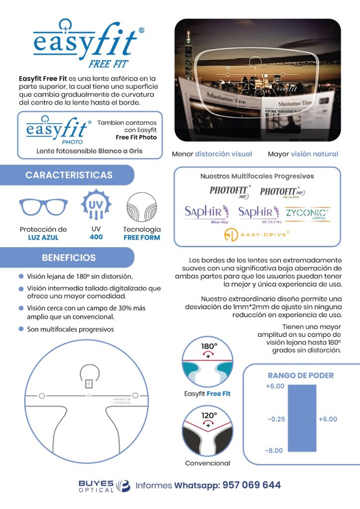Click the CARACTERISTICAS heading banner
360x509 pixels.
click(69, 175)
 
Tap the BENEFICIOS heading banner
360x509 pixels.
click(69, 258)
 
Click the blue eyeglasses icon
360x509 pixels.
click(43, 206)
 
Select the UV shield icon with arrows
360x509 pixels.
click(95, 204)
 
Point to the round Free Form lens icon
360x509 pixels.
click(142, 206)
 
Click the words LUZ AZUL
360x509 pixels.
click(43, 238)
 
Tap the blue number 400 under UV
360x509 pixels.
click(96, 237)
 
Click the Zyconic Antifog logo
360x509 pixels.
click(308, 214)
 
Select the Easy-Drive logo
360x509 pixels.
click(257, 235)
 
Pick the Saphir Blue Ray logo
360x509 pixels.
click(207, 214)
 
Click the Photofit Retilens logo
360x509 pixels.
click(282, 192)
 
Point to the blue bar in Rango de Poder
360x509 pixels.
click(302, 418)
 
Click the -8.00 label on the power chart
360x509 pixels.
click(274, 451)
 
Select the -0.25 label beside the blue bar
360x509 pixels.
click(276, 419)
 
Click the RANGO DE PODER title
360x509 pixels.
click(301, 375)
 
